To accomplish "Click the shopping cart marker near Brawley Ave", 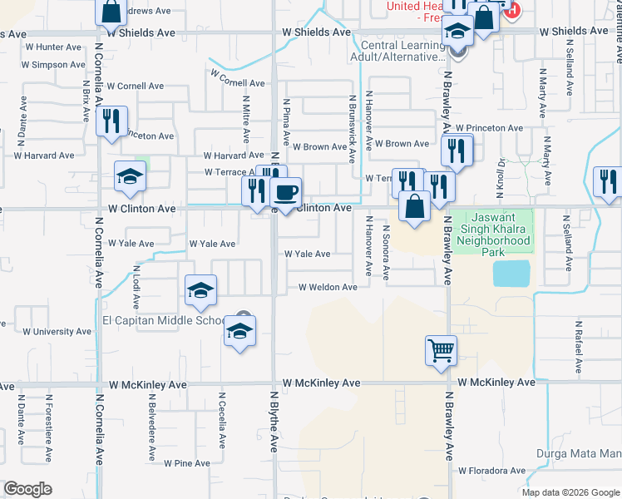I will pos(441,349).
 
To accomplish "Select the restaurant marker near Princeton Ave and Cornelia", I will pos(111,121).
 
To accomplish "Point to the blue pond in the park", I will pos(511,273).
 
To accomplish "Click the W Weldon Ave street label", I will pos(328,287).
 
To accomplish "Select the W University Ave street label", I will pos(57,331).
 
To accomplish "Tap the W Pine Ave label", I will pos(186,462).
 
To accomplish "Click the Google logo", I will pos(27,489).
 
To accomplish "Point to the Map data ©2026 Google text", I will pos(570,492).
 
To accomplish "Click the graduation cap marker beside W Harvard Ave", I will pos(131,176).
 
